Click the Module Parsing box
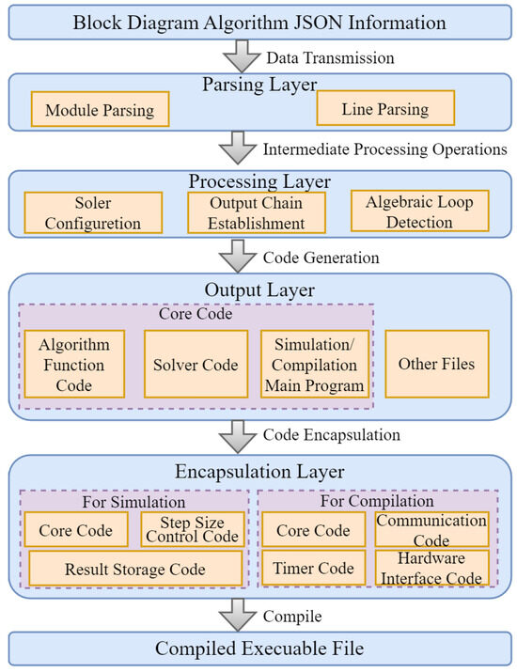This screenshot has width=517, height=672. (x=101, y=109)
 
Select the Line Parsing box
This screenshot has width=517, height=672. (x=385, y=108)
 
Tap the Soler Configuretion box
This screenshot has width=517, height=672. (x=93, y=212)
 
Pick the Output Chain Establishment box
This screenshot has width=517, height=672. (x=257, y=212)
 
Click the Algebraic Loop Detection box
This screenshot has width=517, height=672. (x=419, y=211)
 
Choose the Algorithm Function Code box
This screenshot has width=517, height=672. (x=74, y=364)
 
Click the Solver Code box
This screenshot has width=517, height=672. (x=196, y=364)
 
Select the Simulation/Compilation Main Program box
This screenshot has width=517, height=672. (x=315, y=364)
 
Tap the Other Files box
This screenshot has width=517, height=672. (x=437, y=364)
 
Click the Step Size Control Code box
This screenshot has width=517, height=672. (x=193, y=529)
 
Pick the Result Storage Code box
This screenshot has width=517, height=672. (x=135, y=569)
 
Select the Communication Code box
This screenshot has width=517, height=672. (x=431, y=529)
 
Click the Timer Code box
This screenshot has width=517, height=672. (x=313, y=568)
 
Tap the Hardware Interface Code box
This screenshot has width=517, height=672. (x=431, y=568)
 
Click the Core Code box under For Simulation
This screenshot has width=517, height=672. (x=76, y=529)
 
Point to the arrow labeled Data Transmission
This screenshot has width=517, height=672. (x=242, y=56)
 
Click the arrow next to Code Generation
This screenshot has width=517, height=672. (x=238, y=256)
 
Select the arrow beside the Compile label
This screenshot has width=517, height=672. (x=238, y=615)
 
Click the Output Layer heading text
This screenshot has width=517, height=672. (x=259, y=289)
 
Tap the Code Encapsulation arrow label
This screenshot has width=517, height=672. (x=332, y=434)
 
